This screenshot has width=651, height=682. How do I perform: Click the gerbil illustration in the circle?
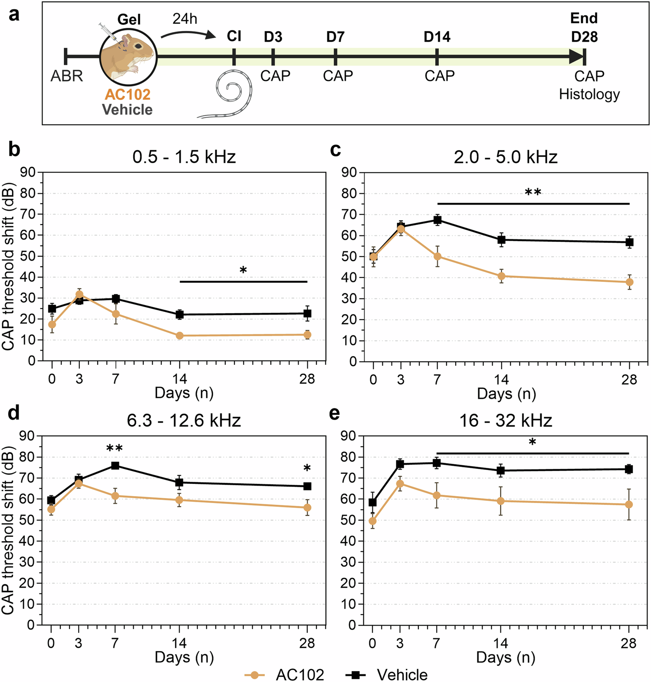[x=128, y=56]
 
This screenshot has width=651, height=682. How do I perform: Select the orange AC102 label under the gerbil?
[x=128, y=94]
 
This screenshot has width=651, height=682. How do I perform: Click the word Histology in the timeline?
[x=589, y=94]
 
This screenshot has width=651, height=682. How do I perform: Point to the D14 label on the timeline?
[x=437, y=37]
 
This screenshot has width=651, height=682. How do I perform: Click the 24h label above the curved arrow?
[x=184, y=19]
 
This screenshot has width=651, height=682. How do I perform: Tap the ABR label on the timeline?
[x=66, y=76]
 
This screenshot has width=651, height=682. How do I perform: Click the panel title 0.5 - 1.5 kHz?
[x=184, y=157]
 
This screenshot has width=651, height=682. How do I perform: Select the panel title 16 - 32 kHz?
[x=506, y=420]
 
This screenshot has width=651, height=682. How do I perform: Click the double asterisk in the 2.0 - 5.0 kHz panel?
[x=533, y=192]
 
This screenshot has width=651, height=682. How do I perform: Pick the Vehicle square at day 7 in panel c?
[x=437, y=220]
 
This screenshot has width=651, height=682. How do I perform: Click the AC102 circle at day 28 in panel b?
[x=307, y=335]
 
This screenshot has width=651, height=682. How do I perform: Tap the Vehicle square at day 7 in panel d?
[x=115, y=466]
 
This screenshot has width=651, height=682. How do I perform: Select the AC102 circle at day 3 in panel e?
[x=400, y=483]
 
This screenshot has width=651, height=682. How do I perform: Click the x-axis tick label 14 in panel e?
[x=500, y=643]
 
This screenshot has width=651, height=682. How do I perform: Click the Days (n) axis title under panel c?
[x=506, y=394]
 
